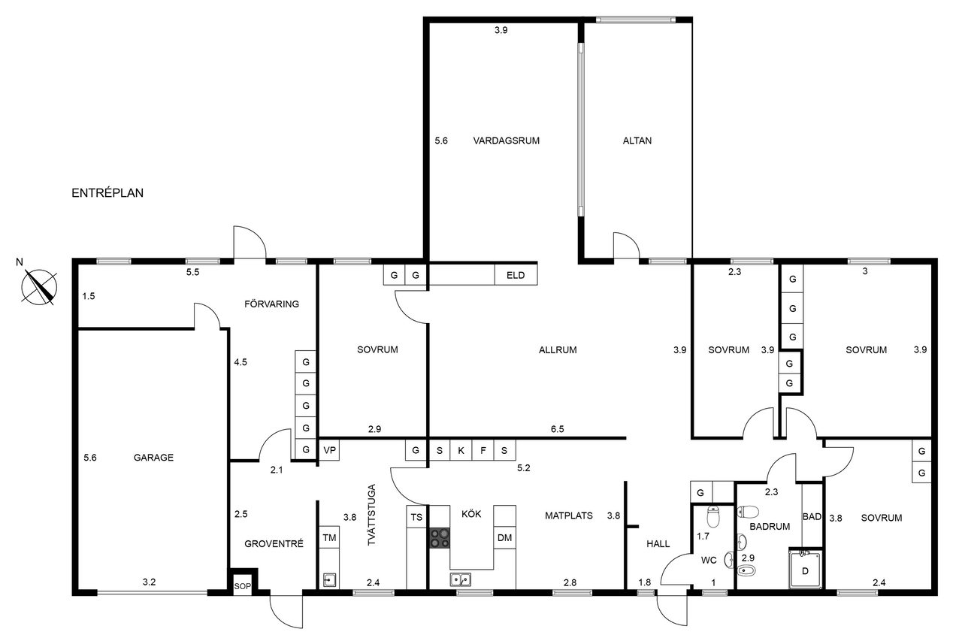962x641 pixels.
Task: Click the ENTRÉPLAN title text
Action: [107, 193]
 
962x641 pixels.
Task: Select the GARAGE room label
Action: [153, 458]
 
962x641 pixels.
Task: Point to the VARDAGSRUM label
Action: [507, 141]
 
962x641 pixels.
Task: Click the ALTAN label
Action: [637, 141]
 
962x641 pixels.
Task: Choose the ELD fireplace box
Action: [516, 275]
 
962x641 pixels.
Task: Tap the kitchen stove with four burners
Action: [440, 538]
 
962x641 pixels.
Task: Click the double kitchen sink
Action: [461, 579]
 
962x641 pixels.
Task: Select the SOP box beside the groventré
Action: [242, 586]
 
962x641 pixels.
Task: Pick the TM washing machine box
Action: [329, 538]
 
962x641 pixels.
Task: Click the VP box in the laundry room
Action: [329, 450]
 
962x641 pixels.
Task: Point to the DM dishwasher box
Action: [504, 538]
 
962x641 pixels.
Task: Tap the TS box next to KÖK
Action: [416, 517]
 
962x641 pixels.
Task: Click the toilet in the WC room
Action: [713, 516]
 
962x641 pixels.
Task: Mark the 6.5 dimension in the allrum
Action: [558, 429]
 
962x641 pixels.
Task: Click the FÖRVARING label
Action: [271, 304]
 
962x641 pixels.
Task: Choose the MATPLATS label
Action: [569, 516]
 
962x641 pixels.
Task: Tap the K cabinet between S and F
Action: [461, 450]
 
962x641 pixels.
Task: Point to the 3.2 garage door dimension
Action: [149, 582]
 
